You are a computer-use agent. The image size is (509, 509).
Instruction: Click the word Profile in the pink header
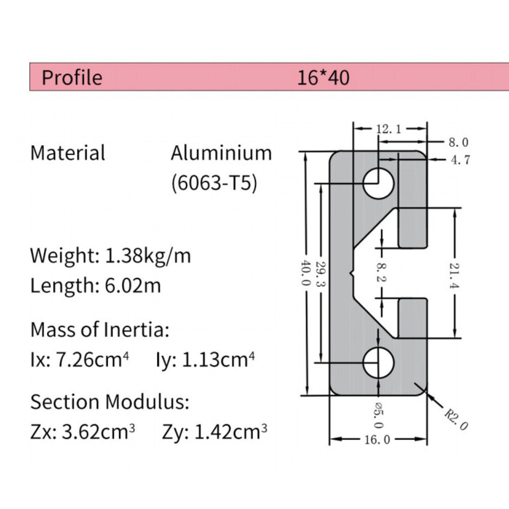tap(71, 78)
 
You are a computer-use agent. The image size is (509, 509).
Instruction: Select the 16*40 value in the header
tap(323, 78)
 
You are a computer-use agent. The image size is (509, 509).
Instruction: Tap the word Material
tap(68, 153)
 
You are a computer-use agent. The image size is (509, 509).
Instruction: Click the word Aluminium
tap(221, 153)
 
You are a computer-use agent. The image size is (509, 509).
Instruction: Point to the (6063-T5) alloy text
tap(213, 183)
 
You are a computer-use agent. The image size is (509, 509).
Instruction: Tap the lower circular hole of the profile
tap(378, 363)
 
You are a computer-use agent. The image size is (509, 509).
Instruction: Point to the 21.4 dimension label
tap(454, 272)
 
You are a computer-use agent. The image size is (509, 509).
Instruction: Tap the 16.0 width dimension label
tap(377, 440)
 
